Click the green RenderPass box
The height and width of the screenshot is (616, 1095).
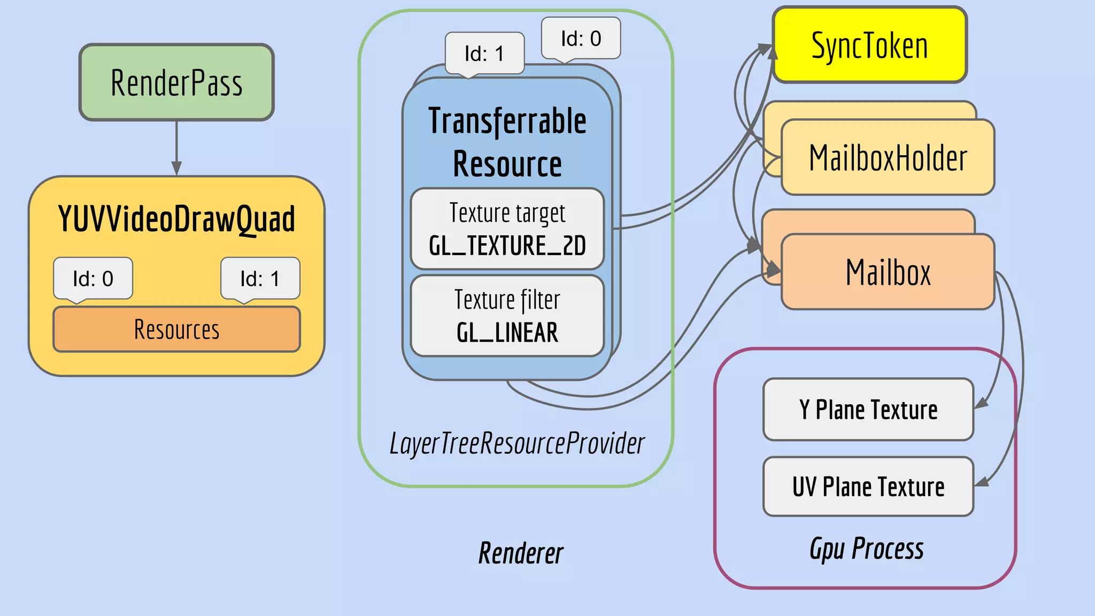pos(176,83)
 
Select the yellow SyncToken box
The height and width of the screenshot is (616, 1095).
pos(869,45)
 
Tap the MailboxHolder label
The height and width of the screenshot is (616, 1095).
pos(888,158)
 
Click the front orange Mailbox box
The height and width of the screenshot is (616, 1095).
pos(888,272)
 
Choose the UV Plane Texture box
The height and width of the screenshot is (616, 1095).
pos(868,487)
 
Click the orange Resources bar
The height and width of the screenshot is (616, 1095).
pos(176,329)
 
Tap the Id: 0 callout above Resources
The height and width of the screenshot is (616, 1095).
pos(93,279)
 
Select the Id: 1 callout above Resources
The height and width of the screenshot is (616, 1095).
pos(260,279)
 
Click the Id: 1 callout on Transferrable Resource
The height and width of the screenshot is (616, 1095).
pos(484,53)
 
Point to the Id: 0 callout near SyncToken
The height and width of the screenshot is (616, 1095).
pos(581,38)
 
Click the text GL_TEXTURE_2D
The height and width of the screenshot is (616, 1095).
pos(507,246)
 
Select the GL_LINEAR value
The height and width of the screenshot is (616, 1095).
pos(507,333)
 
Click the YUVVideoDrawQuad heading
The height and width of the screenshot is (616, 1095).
pos(176,219)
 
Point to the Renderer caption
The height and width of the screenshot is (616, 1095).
pos(520,553)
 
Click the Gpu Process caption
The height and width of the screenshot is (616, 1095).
pos(866,549)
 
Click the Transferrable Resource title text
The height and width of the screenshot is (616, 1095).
pos(507,142)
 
